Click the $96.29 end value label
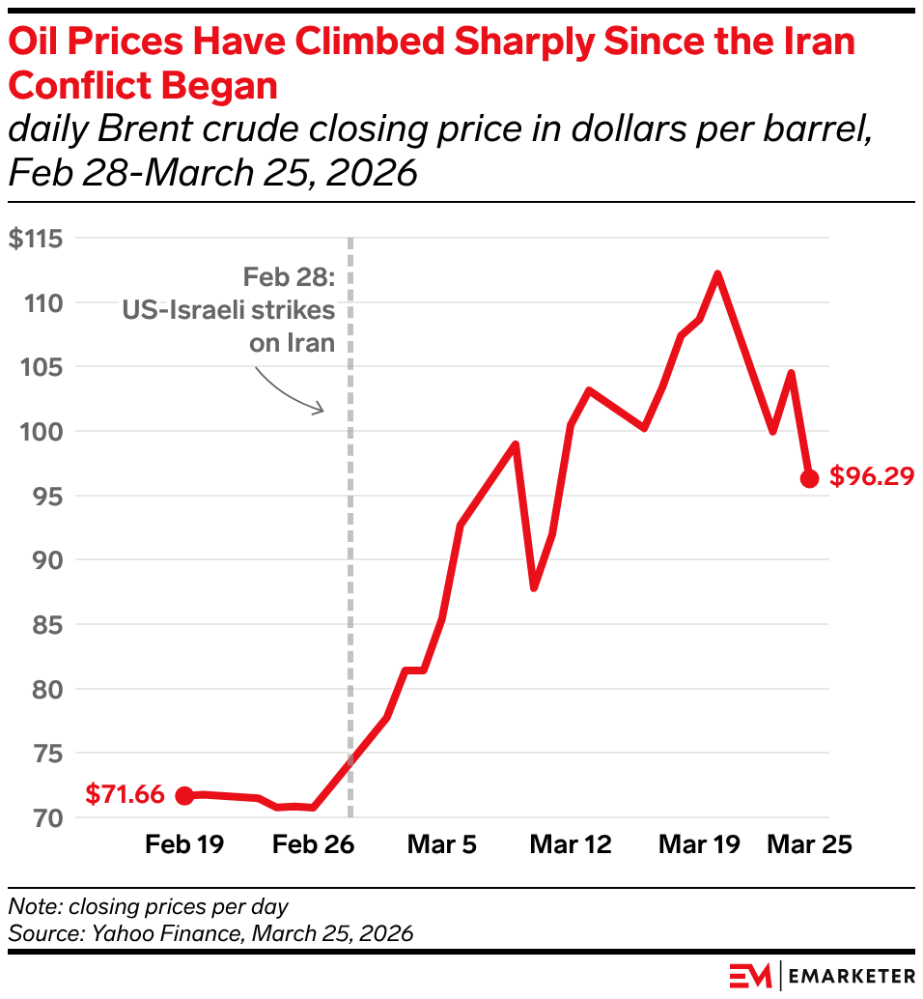click(x=871, y=477)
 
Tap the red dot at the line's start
click(x=184, y=795)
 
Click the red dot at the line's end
click(x=809, y=478)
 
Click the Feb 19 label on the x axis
click(x=184, y=844)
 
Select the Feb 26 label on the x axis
click(x=314, y=844)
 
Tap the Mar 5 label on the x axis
click(x=442, y=844)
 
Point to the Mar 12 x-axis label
click(x=571, y=844)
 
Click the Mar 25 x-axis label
click(x=809, y=844)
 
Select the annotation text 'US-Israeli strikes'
click(x=228, y=310)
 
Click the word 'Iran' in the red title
click(x=819, y=43)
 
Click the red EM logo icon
click(x=750, y=975)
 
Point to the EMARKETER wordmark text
click(x=852, y=975)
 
